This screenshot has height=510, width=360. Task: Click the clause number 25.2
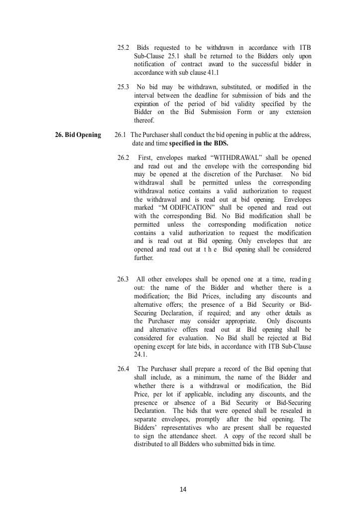pos(123,47)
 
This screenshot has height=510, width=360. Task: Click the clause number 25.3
pos(123,87)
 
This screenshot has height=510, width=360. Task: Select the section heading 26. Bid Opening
pos(78,135)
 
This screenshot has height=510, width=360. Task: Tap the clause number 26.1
pos(120,135)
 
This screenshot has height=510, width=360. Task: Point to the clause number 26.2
pos(123,157)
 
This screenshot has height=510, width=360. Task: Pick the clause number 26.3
pos(123,279)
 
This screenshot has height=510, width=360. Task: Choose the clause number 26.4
pos(123,369)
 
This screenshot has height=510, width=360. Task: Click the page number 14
pos(183,490)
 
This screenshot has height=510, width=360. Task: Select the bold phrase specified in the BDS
pos(198,143)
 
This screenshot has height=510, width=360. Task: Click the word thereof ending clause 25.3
pos(144,121)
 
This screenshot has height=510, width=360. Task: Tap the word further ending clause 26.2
pos(144,258)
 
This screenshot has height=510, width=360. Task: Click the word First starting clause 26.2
pos(145,157)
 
